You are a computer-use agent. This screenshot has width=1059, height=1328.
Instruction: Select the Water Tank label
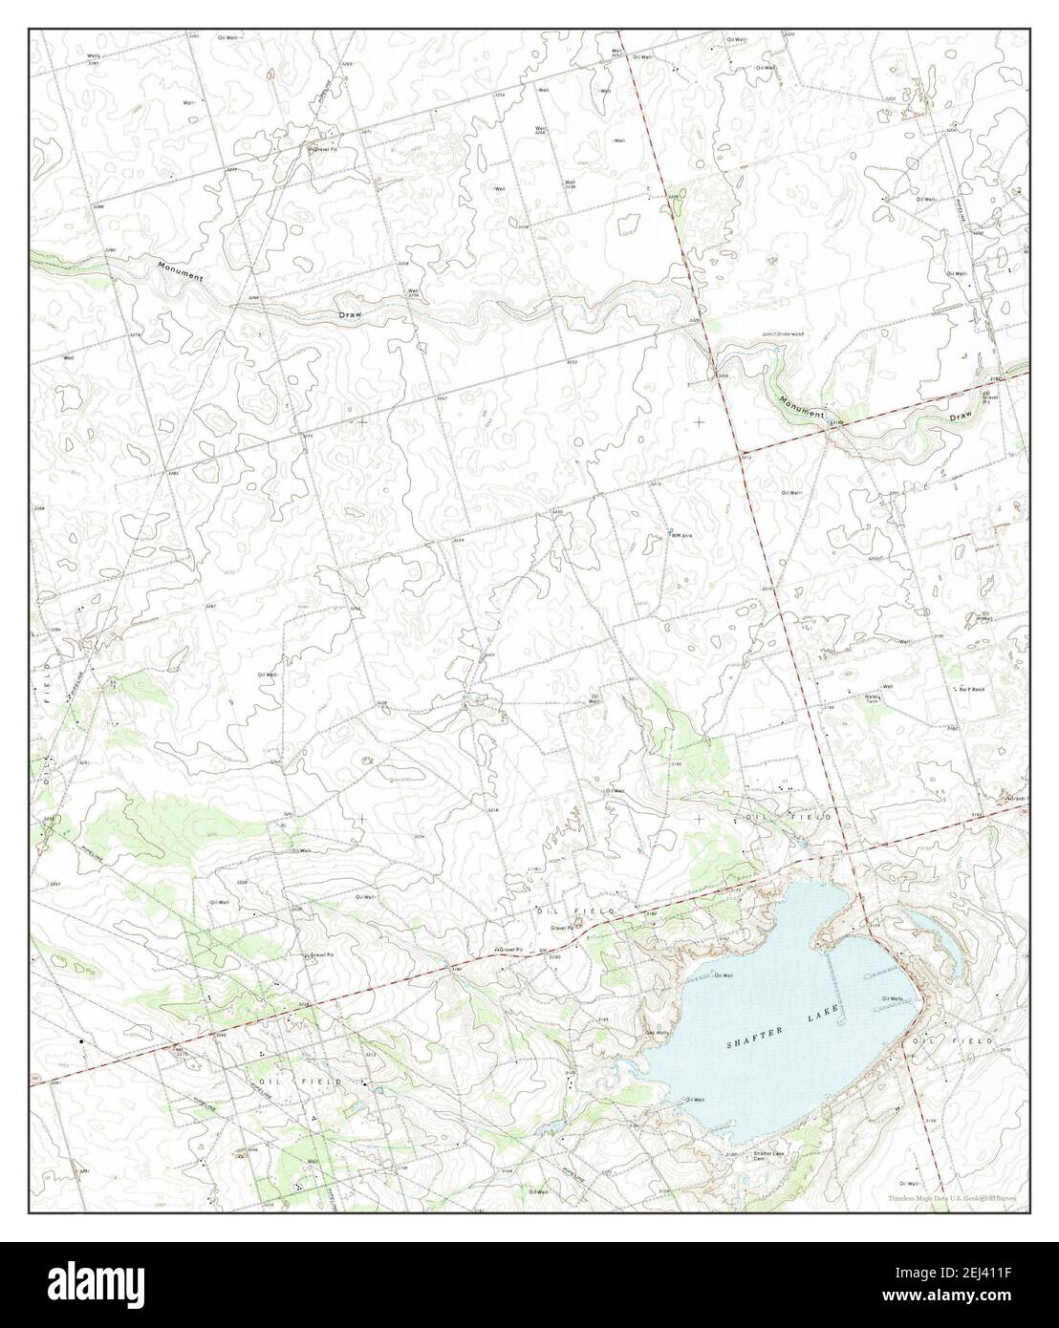872,698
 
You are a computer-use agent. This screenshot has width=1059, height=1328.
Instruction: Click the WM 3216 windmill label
681,534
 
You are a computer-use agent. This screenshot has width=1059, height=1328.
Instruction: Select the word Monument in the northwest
182,270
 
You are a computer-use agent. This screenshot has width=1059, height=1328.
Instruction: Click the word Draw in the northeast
960,417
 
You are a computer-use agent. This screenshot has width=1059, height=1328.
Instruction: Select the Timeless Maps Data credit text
951,1197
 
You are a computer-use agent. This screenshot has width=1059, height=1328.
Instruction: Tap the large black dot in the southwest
82,1040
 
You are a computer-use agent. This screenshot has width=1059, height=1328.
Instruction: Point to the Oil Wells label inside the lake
892,999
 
